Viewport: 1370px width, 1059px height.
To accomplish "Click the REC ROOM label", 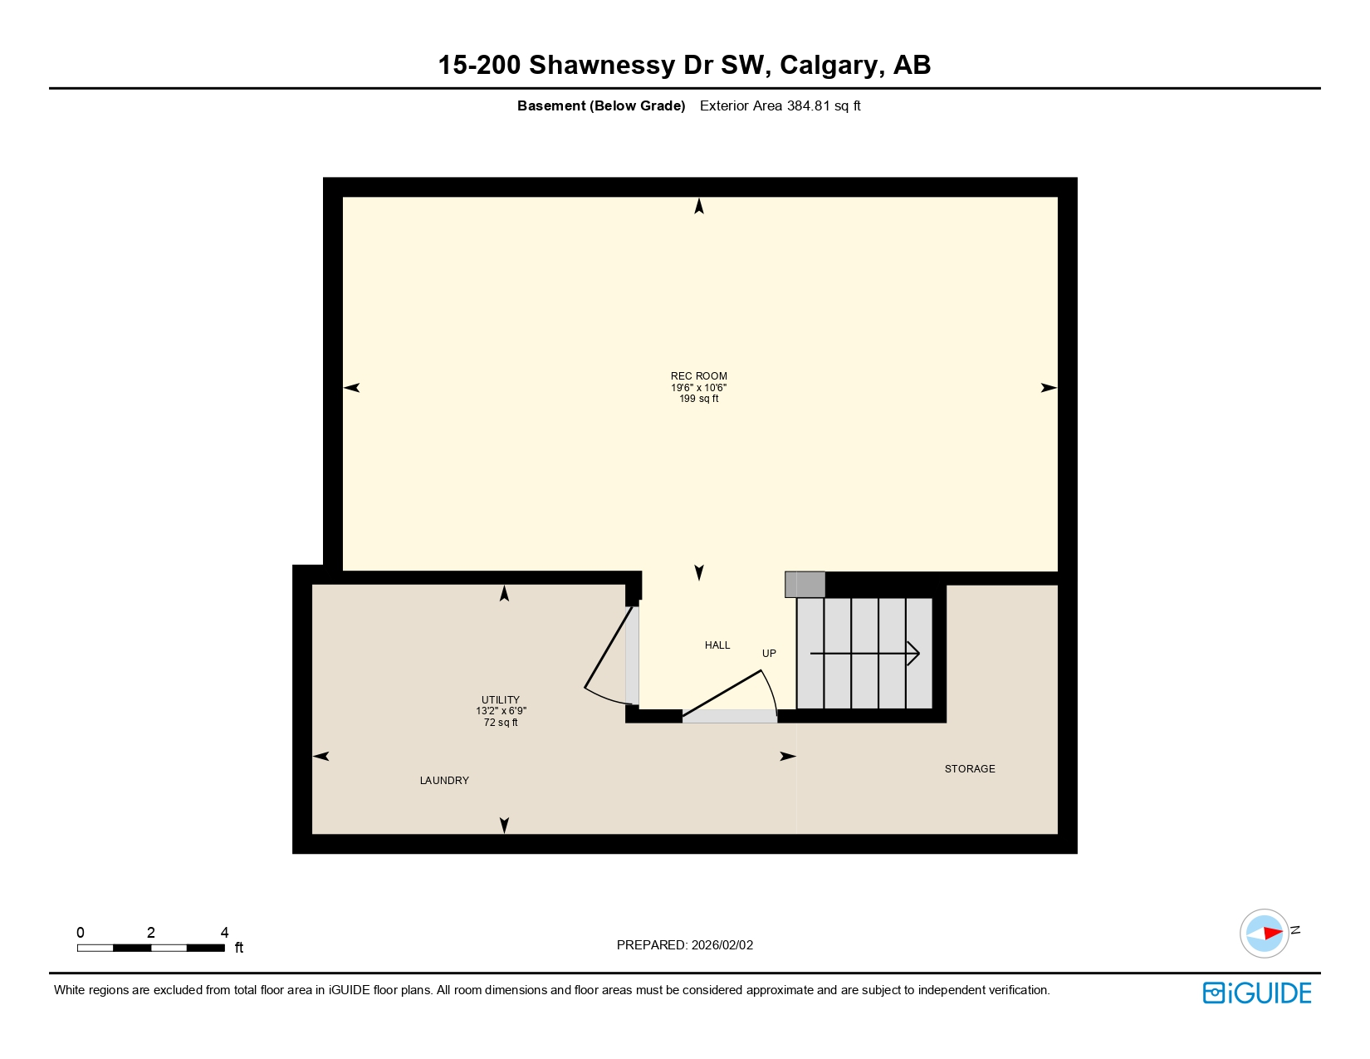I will click(698, 376).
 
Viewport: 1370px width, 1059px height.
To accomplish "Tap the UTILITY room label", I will click(500, 699).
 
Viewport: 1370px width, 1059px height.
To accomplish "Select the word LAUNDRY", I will click(444, 781).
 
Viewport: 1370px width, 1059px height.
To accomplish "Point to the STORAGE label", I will click(969, 769).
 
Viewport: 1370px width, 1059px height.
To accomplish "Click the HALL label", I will click(717, 645).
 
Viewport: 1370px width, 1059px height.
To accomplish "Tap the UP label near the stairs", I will click(769, 654).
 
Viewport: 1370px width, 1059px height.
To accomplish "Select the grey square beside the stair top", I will click(805, 584).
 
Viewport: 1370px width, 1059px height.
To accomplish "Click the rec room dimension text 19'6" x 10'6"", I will click(698, 388).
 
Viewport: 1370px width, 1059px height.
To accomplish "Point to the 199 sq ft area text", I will click(698, 399).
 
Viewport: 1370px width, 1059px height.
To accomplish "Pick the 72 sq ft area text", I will click(501, 723).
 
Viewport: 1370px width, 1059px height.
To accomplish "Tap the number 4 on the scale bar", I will click(224, 933).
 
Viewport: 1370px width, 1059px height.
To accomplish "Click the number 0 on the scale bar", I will click(81, 933).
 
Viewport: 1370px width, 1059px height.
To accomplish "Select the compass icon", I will click(1265, 933).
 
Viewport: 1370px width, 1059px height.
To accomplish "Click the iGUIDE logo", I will click(1257, 993).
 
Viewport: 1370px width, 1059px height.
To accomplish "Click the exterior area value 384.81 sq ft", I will click(823, 106).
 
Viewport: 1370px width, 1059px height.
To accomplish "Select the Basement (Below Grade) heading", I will click(601, 106).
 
